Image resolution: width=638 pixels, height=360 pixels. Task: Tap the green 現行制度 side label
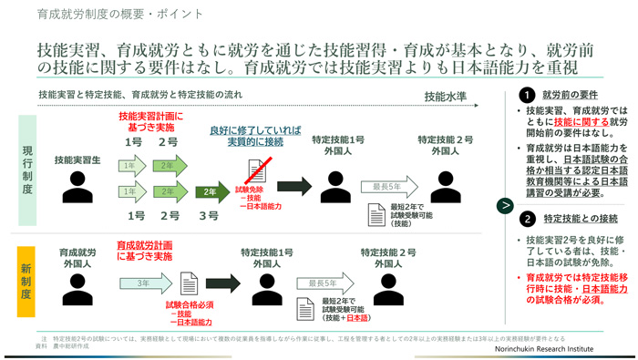pyautogui.click(x=26, y=170)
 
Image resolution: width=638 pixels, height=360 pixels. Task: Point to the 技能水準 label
pyautogui.click(x=448, y=97)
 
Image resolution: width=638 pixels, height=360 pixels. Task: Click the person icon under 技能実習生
pyautogui.click(x=77, y=189)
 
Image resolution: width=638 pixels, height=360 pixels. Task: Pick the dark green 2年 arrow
pyautogui.click(x=211, y=192)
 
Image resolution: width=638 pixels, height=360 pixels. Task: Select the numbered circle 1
pyautogui.click(x=527, y=95)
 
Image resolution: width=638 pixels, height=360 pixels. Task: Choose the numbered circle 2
pyautogui.click(x=527, y=219)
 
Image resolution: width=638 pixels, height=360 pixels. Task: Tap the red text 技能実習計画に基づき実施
pyautogui.click(x=151, y=123)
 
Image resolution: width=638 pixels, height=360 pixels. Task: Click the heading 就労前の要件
pyautogui.click(x=571, y=95)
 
